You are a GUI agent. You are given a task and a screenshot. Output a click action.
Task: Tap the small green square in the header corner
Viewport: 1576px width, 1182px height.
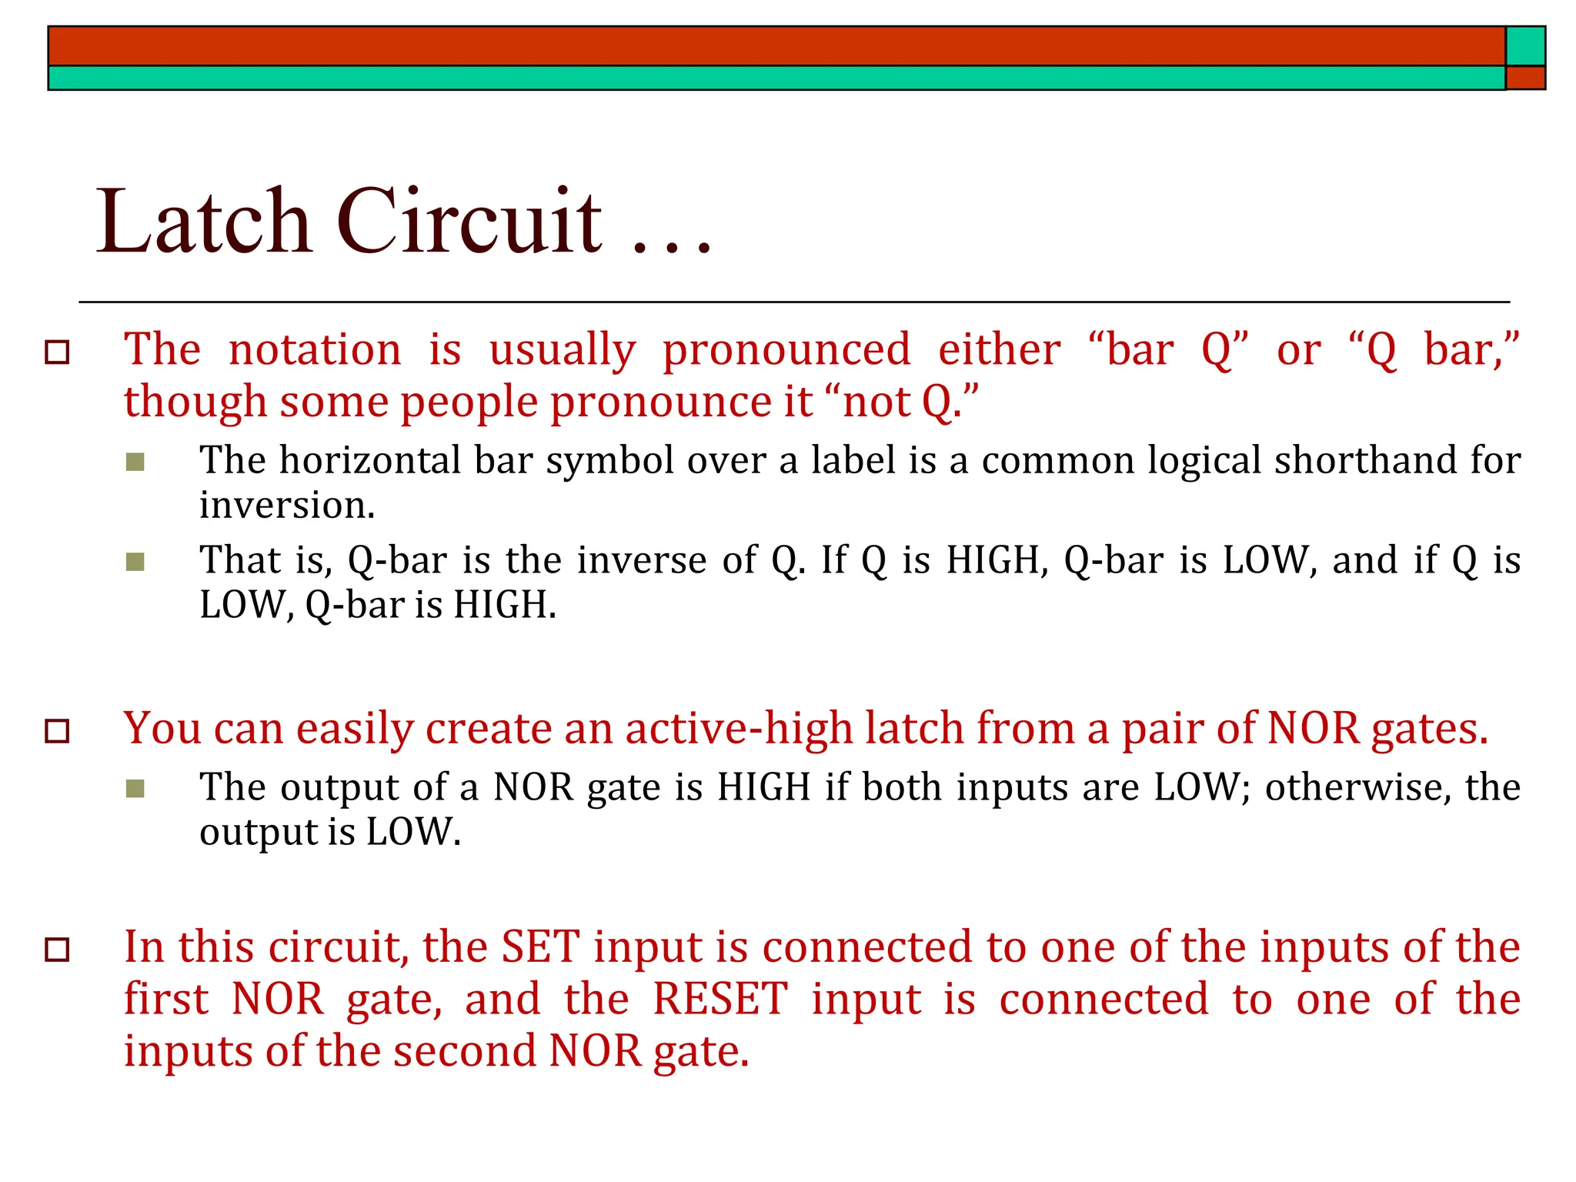click(1525, 46)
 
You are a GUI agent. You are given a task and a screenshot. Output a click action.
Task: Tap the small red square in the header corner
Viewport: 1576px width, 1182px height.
click(1525, 78)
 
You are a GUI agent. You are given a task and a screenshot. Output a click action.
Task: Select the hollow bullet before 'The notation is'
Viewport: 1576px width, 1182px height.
click(58, 352)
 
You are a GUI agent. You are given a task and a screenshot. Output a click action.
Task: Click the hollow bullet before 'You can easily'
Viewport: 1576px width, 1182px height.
click(58, 731)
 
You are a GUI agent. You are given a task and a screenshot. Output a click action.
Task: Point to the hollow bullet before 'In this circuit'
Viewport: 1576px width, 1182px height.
click(58, 950)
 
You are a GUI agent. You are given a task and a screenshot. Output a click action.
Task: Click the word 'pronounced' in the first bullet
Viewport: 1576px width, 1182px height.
click(786, 351)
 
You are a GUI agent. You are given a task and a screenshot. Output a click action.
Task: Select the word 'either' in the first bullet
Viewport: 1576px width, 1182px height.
click(999, 349)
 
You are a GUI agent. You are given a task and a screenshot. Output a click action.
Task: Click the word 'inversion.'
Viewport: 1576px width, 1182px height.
click(287, 506)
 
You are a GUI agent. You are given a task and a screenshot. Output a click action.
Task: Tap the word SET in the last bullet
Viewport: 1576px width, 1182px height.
click(540, 947)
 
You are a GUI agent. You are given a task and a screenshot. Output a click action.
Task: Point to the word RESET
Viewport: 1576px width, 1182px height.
click(720, 1000)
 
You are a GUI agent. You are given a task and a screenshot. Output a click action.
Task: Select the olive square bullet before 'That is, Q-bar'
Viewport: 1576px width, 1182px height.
click(135, 562)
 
